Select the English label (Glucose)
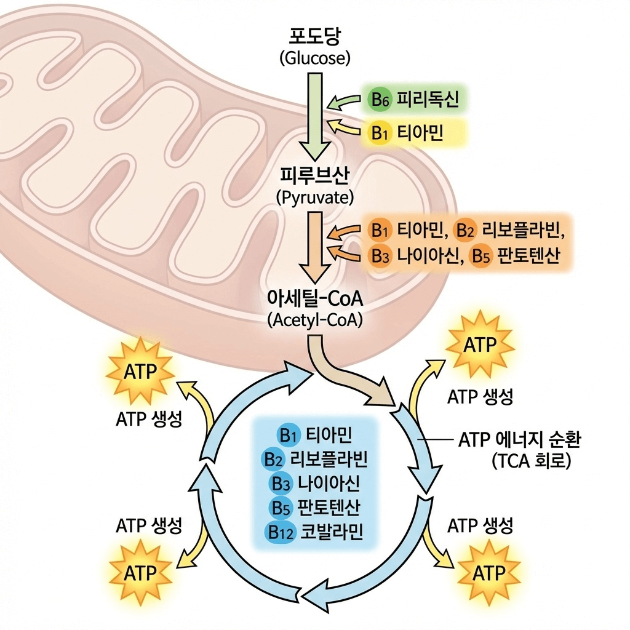coord(314,59)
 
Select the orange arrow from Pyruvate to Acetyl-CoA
coord(314,246)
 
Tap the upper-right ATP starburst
coord(480,345)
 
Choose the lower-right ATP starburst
coord(488,573)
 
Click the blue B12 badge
coord(281,532)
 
